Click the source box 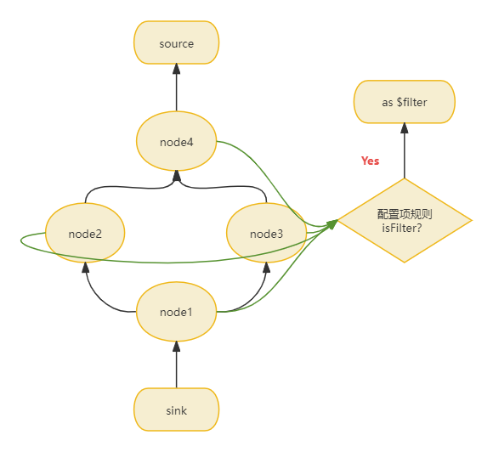(177, 42)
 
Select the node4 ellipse (177, 141)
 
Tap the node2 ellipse (85, 233)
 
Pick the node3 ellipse (267, 233)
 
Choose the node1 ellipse (177, 312)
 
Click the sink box (177, 410)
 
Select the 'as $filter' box (405, 102)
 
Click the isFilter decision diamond (405, 220)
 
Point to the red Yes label (370, 161)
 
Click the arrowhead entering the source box (177, 69)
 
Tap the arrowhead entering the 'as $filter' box (405, 128)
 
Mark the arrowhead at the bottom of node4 (177, 176)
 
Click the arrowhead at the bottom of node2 (85, 267)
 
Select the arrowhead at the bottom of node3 (267, 267)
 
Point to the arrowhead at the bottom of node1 (177, 346)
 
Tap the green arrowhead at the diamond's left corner (332, 224)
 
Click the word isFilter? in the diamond (401, 228)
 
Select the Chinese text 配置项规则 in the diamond (405, 214)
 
